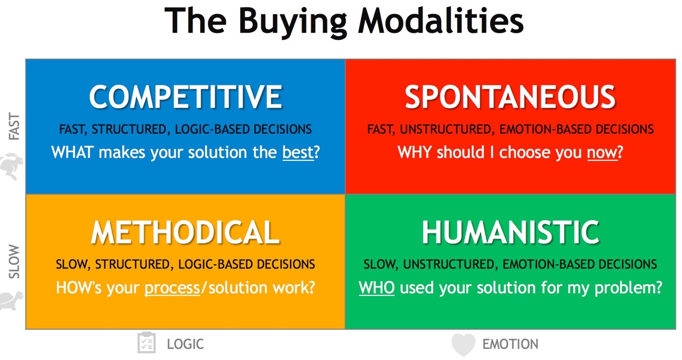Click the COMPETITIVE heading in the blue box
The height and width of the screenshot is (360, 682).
point(186,97)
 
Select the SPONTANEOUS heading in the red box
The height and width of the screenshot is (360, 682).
point(510,97)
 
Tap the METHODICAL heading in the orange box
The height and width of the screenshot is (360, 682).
point(185,232)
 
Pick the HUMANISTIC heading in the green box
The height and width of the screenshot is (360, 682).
point(510,232)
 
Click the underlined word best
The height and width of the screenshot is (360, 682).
point(298,152)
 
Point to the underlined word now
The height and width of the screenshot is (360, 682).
point(602,152)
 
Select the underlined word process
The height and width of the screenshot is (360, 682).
point(172,288)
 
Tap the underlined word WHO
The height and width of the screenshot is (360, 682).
point(377,288)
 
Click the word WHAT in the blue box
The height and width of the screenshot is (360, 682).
point(72,152)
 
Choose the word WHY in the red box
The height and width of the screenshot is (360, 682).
point(415,152)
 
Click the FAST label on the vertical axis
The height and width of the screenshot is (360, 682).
point(14,126)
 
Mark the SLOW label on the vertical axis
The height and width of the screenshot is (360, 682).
point(14,261)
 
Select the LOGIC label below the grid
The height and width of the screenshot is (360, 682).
point(185,344)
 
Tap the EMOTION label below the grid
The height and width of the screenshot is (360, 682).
point(510,344)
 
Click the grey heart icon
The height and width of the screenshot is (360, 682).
point(463,345)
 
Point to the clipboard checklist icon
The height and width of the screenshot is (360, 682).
point(147,342)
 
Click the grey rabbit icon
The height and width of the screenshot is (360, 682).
point(11,166)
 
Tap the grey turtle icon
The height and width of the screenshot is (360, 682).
point(11,301)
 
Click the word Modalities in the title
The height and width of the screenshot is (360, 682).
point(441,20)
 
